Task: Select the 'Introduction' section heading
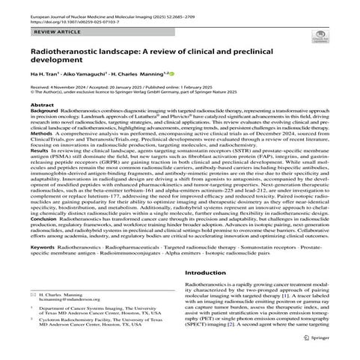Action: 208,317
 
